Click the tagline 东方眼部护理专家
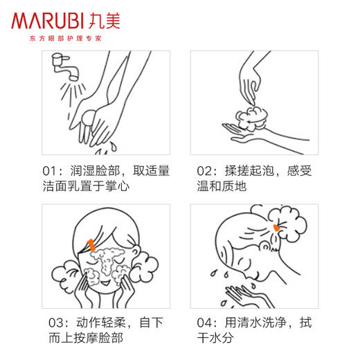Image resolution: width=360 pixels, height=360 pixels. pyautogui.click(x=66, y=39)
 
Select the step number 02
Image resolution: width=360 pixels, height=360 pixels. pyautogui.click(x=205, y=170)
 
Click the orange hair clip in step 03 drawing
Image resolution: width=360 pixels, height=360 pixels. pyautogui.click(x=92, y=244)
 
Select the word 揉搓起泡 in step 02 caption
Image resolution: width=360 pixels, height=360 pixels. pyautogui.click(x=251, y=170)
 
